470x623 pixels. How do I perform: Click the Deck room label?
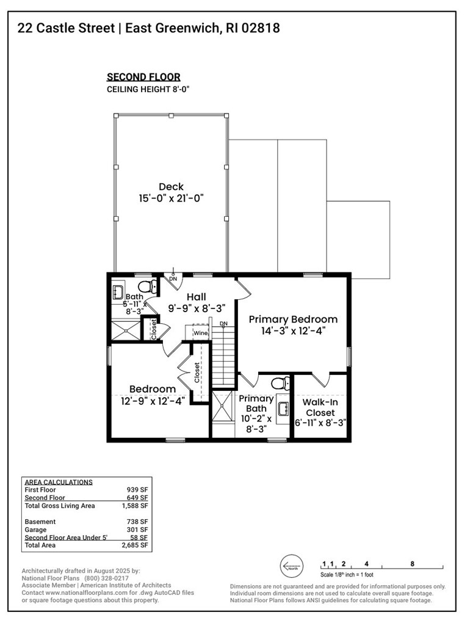pyautogui.click(x=171, y=187)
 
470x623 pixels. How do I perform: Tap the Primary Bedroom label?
pyautogui.click(x=292, y=319)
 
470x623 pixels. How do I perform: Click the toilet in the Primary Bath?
pyautogui.click(x=279, y=384)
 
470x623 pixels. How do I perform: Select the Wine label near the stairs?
pyautogui.click(x=200, y=333)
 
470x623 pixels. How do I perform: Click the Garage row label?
pyautogui.click(x=36, y=530)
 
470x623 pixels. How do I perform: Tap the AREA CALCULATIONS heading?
pyautogui.click(x=58, y=482)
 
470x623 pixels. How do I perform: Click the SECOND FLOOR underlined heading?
pyautogui.click(x=143, y=77)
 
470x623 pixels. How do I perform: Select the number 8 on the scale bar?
pyautogui.click(x=413, y=564)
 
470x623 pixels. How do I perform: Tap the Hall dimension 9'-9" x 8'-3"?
pyautogui.click(x=197, y=308)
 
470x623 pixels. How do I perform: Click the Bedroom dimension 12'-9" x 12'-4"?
pyautogui.click(x=153, y=401)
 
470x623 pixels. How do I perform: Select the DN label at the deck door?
pyautogui.click(x=173, y=279)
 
